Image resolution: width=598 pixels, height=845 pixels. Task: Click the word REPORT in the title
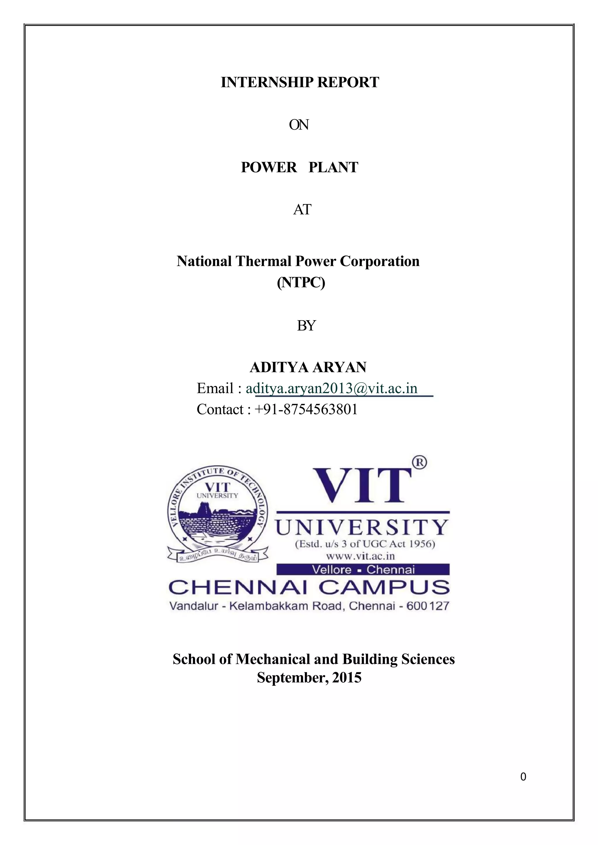(x=348, y=82)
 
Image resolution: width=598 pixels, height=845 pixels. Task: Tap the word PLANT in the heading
(x=333, y=167)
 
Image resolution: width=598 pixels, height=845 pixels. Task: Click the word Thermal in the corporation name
(x=264, y=261)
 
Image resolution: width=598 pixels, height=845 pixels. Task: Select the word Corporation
(x=379, y=261)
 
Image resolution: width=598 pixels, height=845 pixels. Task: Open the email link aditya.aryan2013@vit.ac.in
(x=331, y=388)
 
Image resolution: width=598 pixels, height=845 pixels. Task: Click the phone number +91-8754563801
(x=306, y=409)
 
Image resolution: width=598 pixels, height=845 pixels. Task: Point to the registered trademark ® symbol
(x=419, y=462)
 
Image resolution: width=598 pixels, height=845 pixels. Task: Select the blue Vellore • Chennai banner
(x=363, y=570)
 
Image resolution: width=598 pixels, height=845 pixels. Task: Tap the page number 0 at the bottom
(x=523, y=777)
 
